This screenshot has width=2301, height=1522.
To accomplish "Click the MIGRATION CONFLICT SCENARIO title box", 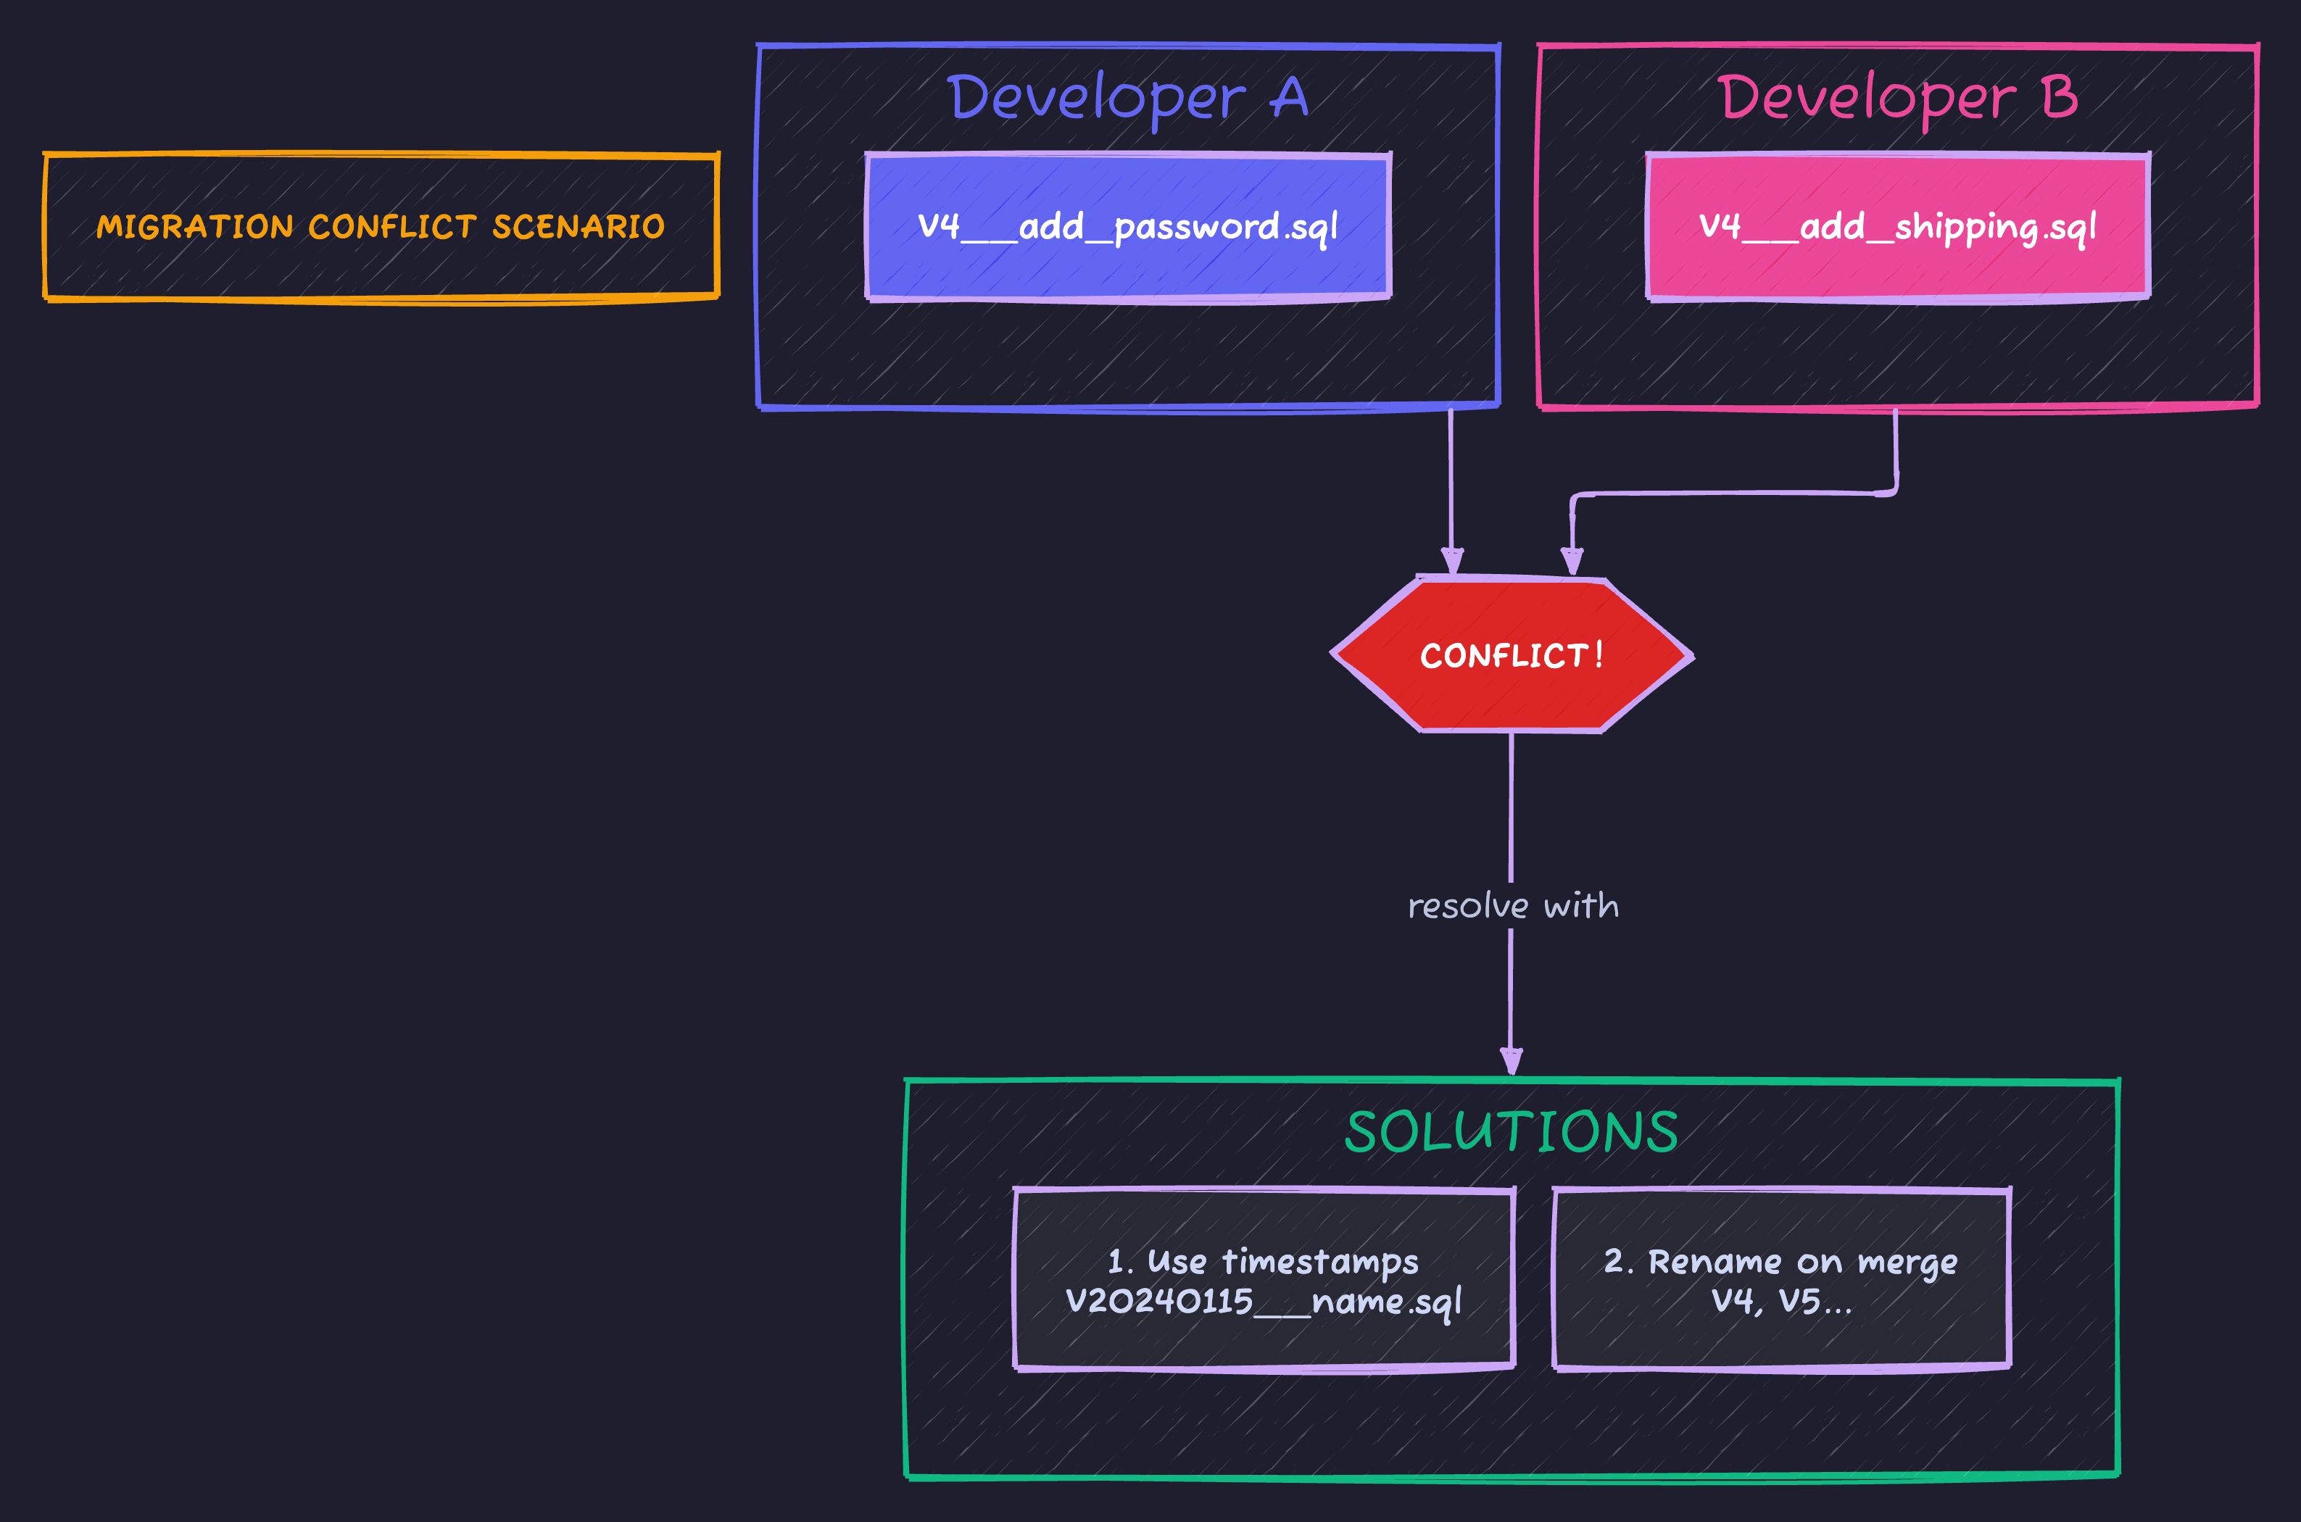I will click(381, 226).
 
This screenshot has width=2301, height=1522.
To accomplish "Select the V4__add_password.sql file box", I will click(1128, 226).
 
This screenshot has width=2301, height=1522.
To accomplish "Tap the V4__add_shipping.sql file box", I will click(1898, 226).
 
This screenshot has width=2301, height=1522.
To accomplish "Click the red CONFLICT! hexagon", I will click(1512, 655).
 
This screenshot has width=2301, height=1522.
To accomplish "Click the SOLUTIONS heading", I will click(1512, 1132).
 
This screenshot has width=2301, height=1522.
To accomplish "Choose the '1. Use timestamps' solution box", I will click(1263, 1278).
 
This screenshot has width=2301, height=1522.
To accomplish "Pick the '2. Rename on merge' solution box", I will click(1780, 1278).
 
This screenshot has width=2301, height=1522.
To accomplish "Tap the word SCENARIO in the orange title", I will click(578, 227).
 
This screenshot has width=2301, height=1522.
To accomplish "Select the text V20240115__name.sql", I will click(1263, 1302).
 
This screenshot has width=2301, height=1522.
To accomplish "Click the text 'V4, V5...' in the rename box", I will click(1780, 1302).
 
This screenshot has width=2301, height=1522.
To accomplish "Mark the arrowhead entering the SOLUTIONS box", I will click(1511, 1062).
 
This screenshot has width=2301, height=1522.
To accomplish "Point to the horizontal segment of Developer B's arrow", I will click(1733, 494).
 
